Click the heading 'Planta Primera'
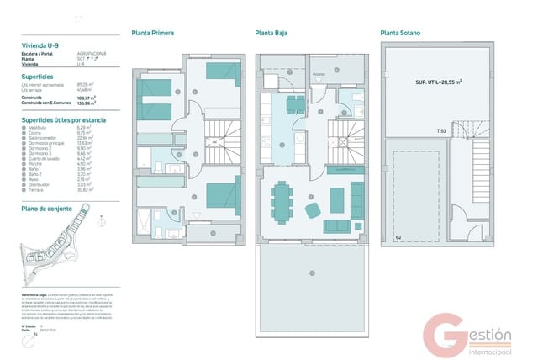tap(153, 33)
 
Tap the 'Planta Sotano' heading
tap(400, 33)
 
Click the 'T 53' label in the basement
tap(442, 131)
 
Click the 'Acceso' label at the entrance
tap(319, 75)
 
